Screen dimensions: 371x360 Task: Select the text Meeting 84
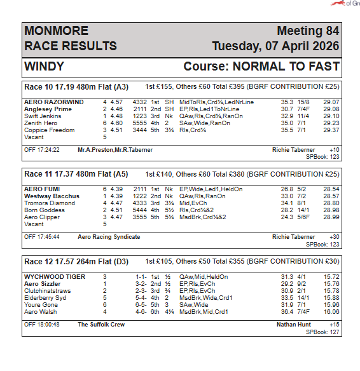tap(308, 31)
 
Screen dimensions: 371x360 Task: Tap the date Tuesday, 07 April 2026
tap(275, 46)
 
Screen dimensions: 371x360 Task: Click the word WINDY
tap(46, 67)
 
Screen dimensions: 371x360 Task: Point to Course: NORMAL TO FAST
tap(261, 67)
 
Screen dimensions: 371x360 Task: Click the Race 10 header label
tap(41, 86)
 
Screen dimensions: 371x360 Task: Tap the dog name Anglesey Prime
tap(48, 109)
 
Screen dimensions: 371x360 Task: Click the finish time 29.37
tap(331, 130)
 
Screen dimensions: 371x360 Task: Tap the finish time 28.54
tap(331, 189)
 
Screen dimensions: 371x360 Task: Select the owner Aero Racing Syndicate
tap(109, 237)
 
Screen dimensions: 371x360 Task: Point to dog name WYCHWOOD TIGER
tap(54, 276)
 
